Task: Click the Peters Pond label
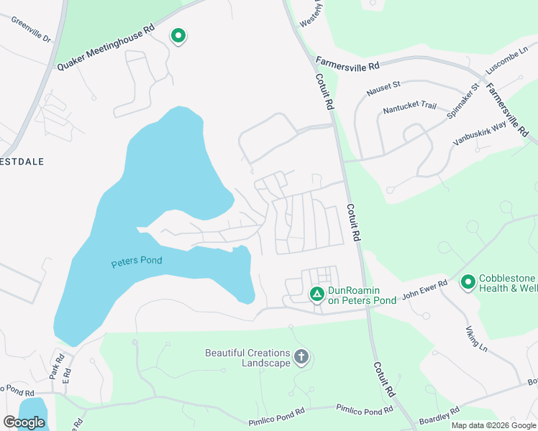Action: click(x=137, y=261)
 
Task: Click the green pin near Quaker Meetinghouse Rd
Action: click(x=178, y=35)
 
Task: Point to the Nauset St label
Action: click(x=383, y=88)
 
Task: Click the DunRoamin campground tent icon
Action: click(x=316, y=294)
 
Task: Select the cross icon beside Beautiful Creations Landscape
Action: click(x=301, y=356)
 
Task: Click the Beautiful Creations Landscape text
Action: click(x=247, y=358)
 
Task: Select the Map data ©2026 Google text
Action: click(x=493, y=425)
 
